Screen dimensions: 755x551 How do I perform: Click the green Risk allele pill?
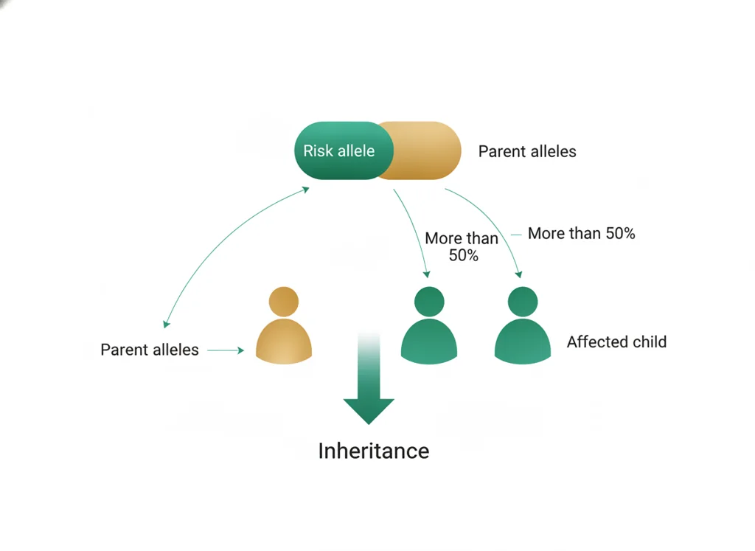(x=344, y=150)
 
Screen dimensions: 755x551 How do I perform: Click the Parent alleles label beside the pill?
(x=527, y=151)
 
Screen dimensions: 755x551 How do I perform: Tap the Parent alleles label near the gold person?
(x=149, y=350)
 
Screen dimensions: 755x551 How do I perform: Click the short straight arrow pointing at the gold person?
(x=226, y=350)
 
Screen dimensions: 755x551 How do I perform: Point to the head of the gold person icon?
(x=284, y=302)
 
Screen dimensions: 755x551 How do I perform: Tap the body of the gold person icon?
(x=284, y=341)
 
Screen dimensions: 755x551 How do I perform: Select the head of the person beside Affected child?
(x=523, y=302)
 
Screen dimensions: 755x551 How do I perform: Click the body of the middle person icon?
(x=429, y=341)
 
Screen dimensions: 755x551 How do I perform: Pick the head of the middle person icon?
(x=429, y=302)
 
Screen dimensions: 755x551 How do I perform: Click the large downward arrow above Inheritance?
(x=369, y=378)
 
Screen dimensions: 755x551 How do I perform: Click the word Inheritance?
(x=374, y=451)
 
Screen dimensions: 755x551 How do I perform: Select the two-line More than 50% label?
(x=462, y=246)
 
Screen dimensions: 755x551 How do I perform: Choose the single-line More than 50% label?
(x=582, y=233)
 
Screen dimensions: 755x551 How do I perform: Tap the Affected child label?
(x=617, y=342)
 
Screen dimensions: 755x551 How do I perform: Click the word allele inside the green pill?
(x=356, y=150)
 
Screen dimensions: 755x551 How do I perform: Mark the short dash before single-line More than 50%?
(x=516, y=235)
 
